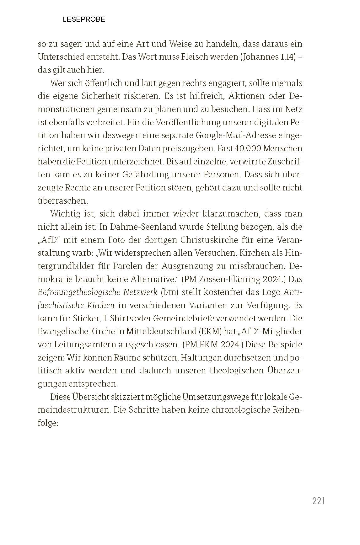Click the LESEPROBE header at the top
point(84,19)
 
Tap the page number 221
point(318,501)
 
